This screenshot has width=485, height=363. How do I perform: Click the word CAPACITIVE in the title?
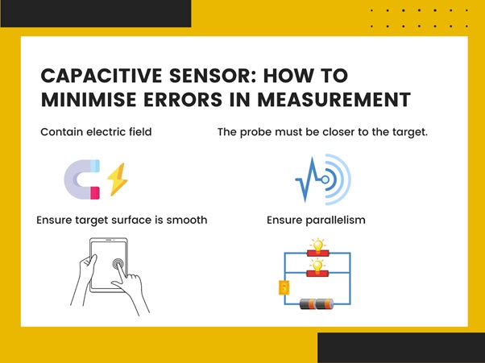pos(102,76)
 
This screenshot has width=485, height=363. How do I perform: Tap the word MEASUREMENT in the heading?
pos(334,100)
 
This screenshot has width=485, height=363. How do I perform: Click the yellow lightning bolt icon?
pos(118,179)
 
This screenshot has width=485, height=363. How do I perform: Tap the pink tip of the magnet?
pos(95,193)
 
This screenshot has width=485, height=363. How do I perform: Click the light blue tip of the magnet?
pos(95,166)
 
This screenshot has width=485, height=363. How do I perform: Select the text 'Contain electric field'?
pos(96,132)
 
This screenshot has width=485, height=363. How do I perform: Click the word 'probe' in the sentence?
pos(256,133)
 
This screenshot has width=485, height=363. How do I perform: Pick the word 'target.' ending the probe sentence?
pos(410,133)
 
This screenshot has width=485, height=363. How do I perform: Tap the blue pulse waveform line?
pos(310,179)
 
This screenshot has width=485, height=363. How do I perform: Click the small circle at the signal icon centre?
pos(325,179)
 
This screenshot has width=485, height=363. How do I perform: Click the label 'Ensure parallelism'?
pos(316,221)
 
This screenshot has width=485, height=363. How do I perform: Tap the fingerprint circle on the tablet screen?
pos(118,264)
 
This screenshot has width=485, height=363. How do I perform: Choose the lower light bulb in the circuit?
pos(317,266)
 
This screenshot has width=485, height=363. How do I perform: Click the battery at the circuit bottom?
pos(317,304)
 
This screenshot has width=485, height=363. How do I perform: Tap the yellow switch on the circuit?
pos(284,287)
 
